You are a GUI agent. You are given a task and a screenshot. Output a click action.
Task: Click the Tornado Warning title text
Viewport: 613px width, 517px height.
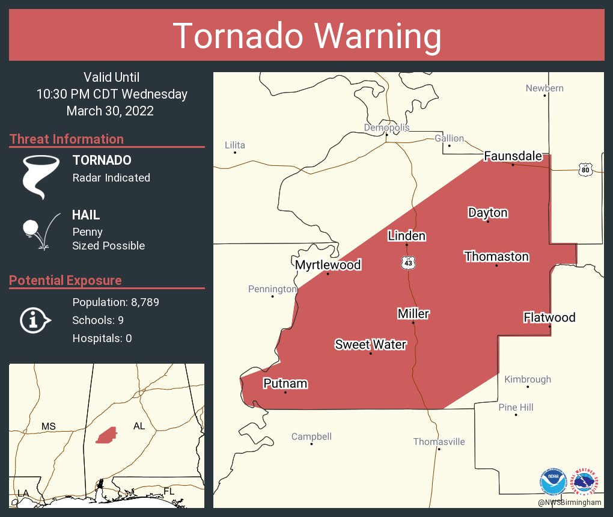tap(306, 36)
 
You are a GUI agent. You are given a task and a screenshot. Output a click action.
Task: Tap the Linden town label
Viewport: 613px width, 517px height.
tap(406, 236)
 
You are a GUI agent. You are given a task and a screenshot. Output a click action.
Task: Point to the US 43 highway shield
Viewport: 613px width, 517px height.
tap(409, 263)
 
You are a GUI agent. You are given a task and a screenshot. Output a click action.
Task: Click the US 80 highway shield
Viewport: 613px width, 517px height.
tap(585, 170)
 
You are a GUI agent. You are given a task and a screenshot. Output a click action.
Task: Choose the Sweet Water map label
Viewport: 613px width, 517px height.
tap(370, 344)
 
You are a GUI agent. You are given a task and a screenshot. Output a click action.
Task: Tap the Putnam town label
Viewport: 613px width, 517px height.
tap(285, 384)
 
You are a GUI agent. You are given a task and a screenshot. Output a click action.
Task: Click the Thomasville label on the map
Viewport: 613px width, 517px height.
tap(439, 442)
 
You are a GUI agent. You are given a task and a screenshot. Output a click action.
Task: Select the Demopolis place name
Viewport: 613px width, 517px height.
tap(386, 127)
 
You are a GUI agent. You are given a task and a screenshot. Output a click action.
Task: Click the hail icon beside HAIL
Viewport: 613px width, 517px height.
tap(40, 231)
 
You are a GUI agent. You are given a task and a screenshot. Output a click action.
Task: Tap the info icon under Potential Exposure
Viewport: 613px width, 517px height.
tap(35, 320)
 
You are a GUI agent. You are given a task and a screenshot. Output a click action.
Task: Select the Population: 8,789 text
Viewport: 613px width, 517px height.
tap(115, 302)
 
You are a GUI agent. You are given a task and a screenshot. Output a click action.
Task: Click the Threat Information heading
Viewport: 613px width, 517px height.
tap(67, 139)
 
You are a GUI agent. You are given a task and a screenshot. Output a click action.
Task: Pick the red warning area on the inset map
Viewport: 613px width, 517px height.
tap(106, 435)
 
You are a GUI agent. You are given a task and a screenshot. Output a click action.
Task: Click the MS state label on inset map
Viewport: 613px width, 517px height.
tap(48, 427)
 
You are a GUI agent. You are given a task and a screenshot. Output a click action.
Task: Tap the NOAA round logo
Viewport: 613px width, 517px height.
tap(552, 482)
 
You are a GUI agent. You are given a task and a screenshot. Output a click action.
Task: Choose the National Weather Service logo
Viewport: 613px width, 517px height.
tap(586, 482)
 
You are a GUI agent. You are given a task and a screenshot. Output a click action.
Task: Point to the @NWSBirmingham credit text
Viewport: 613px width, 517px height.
tap(570, 503)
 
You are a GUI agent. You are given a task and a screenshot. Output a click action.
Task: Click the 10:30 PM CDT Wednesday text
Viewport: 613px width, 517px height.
tap(112, 94)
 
